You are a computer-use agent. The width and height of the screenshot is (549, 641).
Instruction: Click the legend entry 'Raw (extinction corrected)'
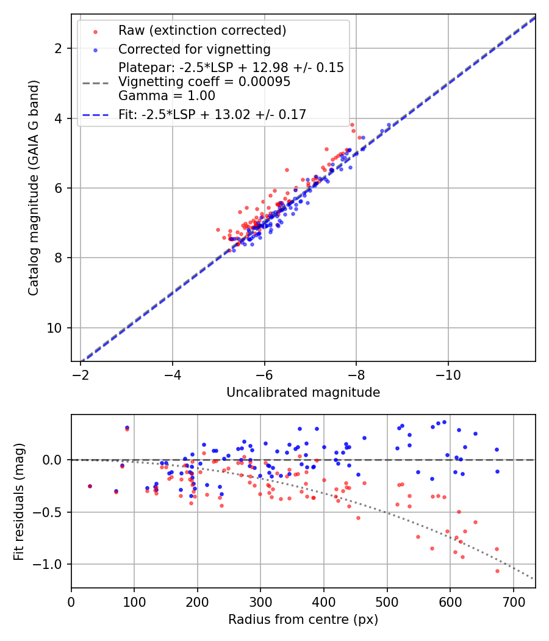[x=202, y=31]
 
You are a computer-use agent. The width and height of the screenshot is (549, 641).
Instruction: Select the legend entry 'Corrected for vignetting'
[x=194, y=49]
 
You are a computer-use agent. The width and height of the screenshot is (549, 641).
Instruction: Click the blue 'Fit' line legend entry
[x=212, y=114]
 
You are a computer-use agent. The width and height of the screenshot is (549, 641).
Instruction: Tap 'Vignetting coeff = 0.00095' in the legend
[x=204, y=82]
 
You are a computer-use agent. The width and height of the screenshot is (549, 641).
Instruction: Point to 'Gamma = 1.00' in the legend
[x=167, y=95]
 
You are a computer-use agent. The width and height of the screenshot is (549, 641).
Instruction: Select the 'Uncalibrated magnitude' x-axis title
[x=303, y=393]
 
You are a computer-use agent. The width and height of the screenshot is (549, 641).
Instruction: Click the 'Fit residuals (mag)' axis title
[x=19, y=501]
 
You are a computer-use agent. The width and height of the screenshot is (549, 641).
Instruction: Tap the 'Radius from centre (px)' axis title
[x=303, y=620]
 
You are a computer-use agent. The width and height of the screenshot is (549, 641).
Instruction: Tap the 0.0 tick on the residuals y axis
[x=57, y=459]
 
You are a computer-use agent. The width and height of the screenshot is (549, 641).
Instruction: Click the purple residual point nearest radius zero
[x=90, y=486]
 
